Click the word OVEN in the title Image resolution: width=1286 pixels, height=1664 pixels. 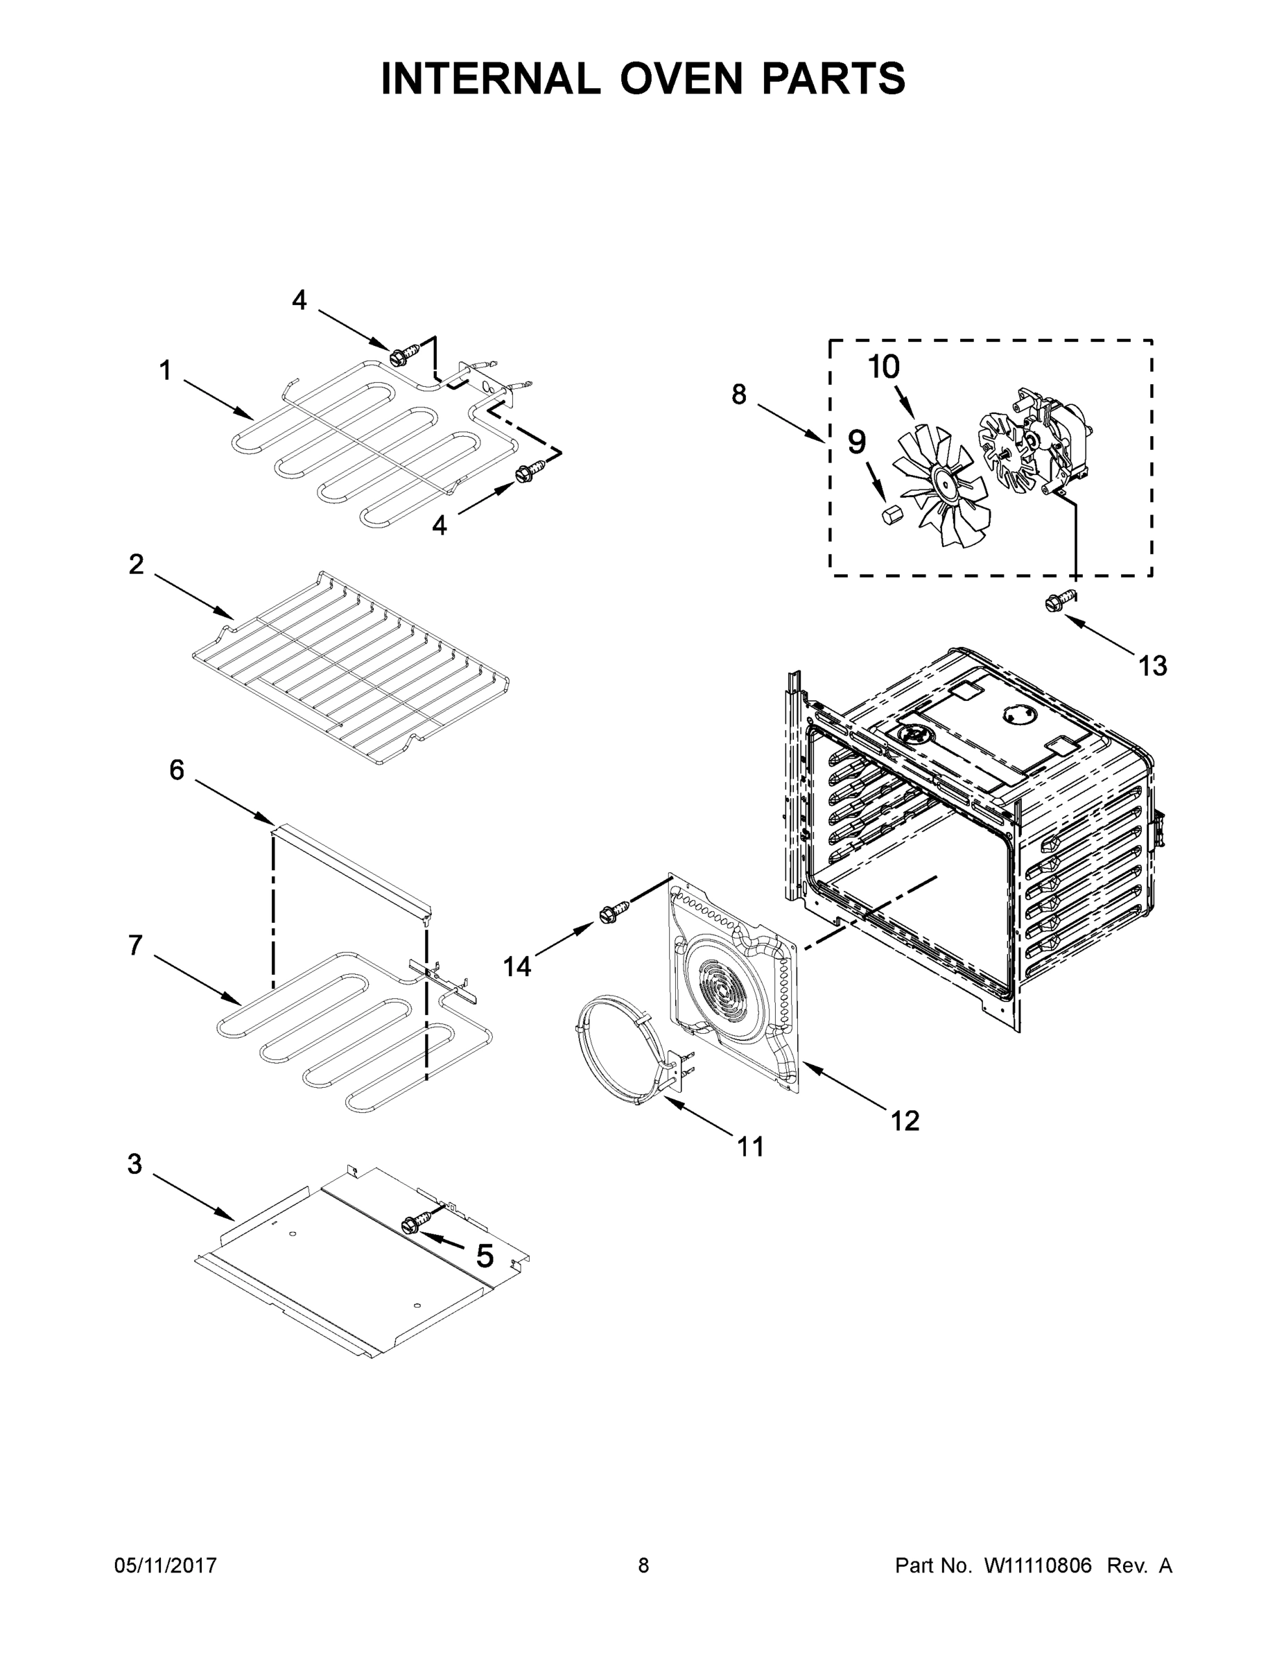tap(680, 78)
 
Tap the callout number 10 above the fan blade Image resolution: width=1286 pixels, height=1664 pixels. tap(884, 367)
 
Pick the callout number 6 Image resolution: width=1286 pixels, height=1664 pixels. tap(177, 770)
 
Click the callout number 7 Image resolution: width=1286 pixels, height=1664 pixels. tap(136, 946)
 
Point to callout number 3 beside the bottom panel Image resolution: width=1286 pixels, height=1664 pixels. tap(135, 1164)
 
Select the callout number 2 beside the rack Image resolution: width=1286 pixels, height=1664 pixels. tap(137, 564)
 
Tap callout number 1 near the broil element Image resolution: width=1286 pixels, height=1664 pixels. tap(164, 371)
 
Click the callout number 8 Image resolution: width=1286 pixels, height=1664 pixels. tap(738, 395)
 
